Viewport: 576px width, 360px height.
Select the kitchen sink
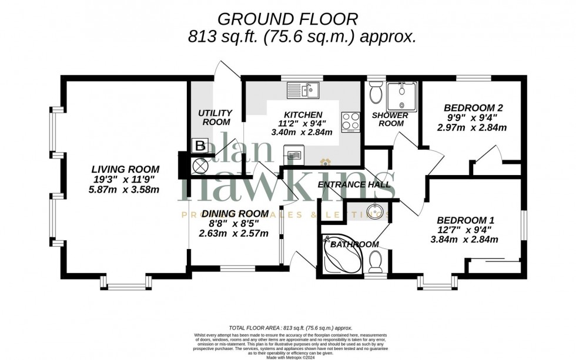(302, 90)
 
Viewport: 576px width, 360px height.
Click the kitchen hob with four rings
(351, 122)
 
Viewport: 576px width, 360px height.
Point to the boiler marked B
(199, 145)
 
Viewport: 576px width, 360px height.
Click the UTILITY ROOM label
(215, 117)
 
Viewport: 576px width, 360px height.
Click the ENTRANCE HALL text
(354, 184)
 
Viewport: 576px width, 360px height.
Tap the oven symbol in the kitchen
(293, 156)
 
